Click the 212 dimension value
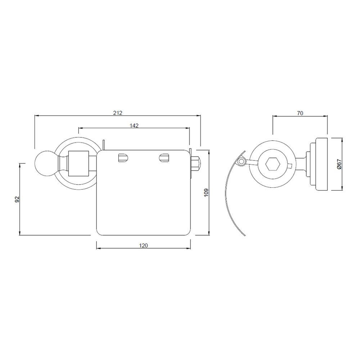pos(118,113)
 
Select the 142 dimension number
pos(134,125)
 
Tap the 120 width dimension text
pos(143,246)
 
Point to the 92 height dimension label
pos(17,199)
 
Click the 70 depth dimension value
pos(300,113)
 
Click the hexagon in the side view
pos(272,164)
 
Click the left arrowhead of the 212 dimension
pos(36,116)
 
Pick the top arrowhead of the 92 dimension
pos(20,164)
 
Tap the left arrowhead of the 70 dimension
pos(274,116)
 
